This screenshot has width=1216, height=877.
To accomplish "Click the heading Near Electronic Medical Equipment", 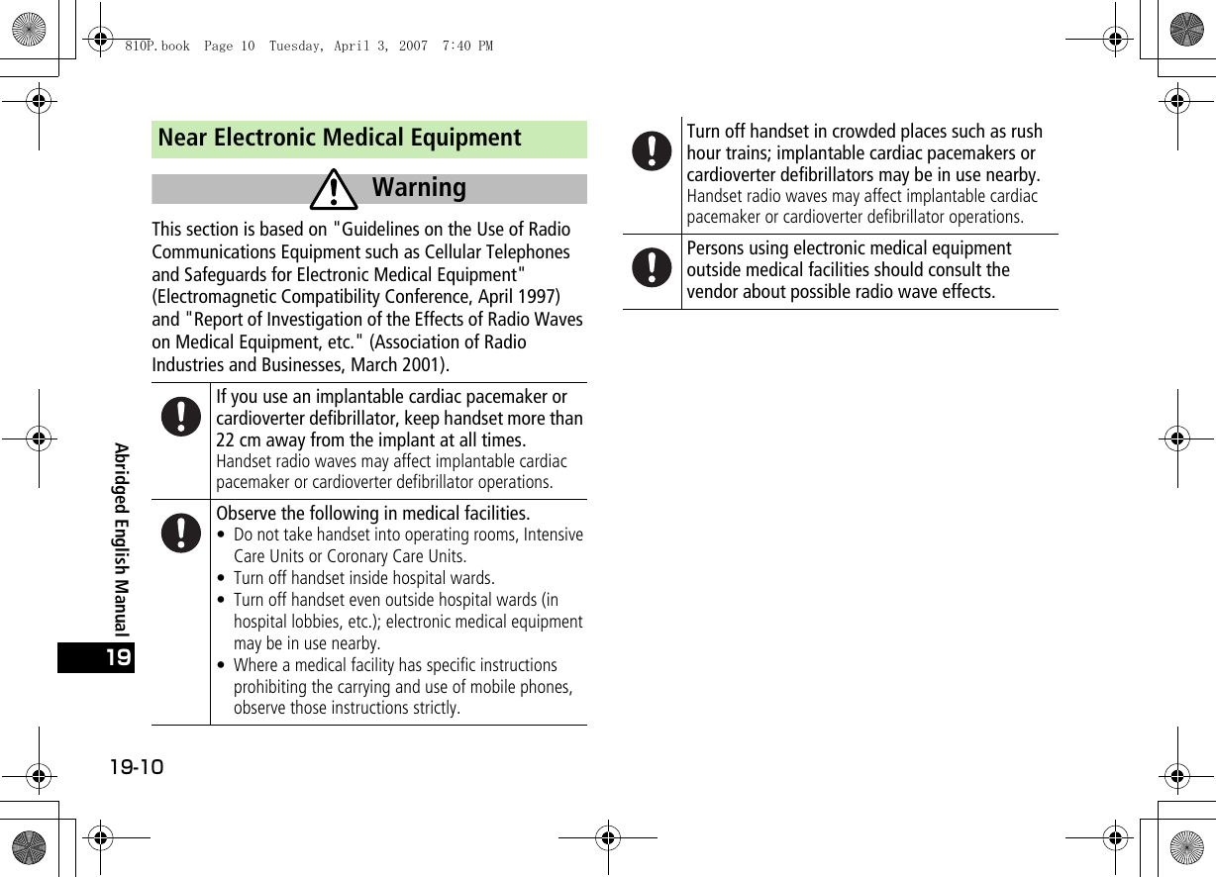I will tap(340, 138).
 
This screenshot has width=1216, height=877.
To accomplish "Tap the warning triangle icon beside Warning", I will tap(334, 190).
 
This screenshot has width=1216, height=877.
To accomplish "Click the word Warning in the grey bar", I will tap(419, 187).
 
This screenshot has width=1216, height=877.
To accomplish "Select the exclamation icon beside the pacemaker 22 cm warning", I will tap(181, 417).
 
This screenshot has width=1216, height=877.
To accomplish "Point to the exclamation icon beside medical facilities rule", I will tap(181, 533).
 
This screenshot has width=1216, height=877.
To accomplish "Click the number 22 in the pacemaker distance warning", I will tap(227, 440).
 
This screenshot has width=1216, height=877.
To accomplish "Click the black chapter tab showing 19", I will tap(96, 658).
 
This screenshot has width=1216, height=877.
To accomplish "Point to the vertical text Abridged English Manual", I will tap(121, 539).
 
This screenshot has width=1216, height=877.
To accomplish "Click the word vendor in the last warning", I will tap(713, 292).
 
